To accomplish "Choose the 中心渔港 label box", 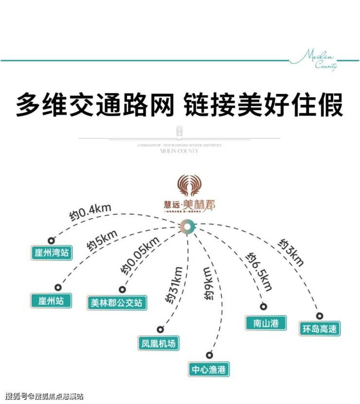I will pyautogui.click(x=209, y=369).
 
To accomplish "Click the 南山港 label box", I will pyautogui.click(x=266, y=322).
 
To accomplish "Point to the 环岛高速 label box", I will pyautogui.click(x=320, y=329).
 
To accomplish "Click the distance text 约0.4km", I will pyautogui.click(x=90, y=213).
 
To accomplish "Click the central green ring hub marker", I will pyautogui.click(x=187, y=226).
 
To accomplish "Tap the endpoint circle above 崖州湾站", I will pyautogui.click(x=50, y=240).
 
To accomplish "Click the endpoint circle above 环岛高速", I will pyautogui.click(x=320, y=315).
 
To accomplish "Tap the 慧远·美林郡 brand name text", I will pyautogui.click(x=190, y=206).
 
